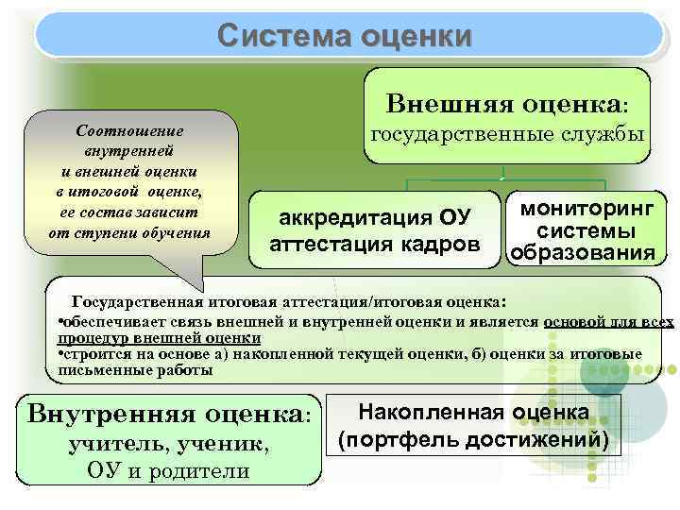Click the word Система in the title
[271, 36]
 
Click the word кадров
[440, 245]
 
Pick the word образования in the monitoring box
[582, 254]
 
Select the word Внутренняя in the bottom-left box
[101, 413]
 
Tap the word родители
[205, 470]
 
